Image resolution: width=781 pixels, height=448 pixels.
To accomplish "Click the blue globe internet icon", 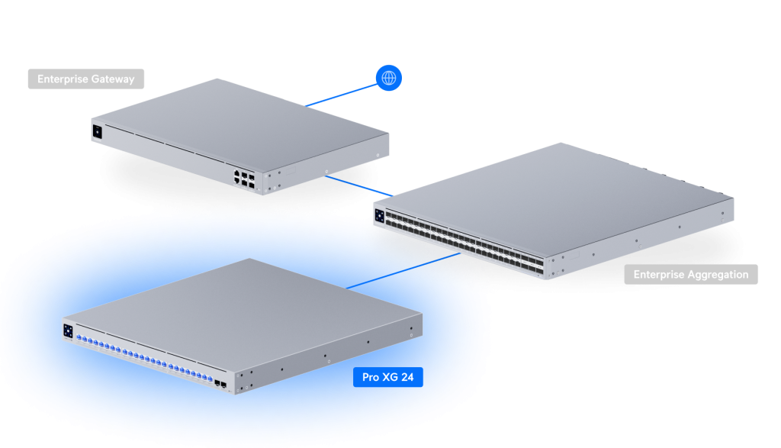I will [389, 77].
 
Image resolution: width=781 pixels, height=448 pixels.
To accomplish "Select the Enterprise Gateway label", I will [85, 79].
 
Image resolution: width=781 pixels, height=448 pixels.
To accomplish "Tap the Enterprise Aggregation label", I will [691, 275].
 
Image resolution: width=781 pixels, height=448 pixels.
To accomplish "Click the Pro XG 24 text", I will [388, 377].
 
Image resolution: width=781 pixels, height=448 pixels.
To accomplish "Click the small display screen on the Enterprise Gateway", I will [98, 131].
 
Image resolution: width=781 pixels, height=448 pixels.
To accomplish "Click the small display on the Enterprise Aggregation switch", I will [379, 214].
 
